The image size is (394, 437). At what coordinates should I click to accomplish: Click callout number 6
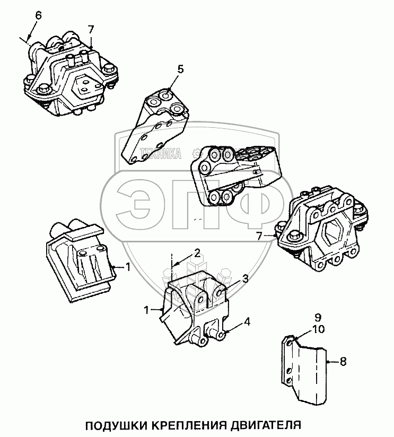[38, 16]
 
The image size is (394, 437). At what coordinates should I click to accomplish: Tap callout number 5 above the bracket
[180, 69]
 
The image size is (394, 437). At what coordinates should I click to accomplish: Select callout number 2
[197, 253]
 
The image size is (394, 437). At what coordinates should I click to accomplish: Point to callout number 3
[245, 279]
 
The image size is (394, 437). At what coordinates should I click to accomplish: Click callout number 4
[247, 322]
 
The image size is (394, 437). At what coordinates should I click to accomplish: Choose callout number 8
[343, 362]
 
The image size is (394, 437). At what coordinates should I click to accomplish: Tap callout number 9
[318, 318]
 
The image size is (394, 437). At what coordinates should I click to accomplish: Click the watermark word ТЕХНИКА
[160, 154]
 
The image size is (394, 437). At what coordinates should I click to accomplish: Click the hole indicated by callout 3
[218, 293]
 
